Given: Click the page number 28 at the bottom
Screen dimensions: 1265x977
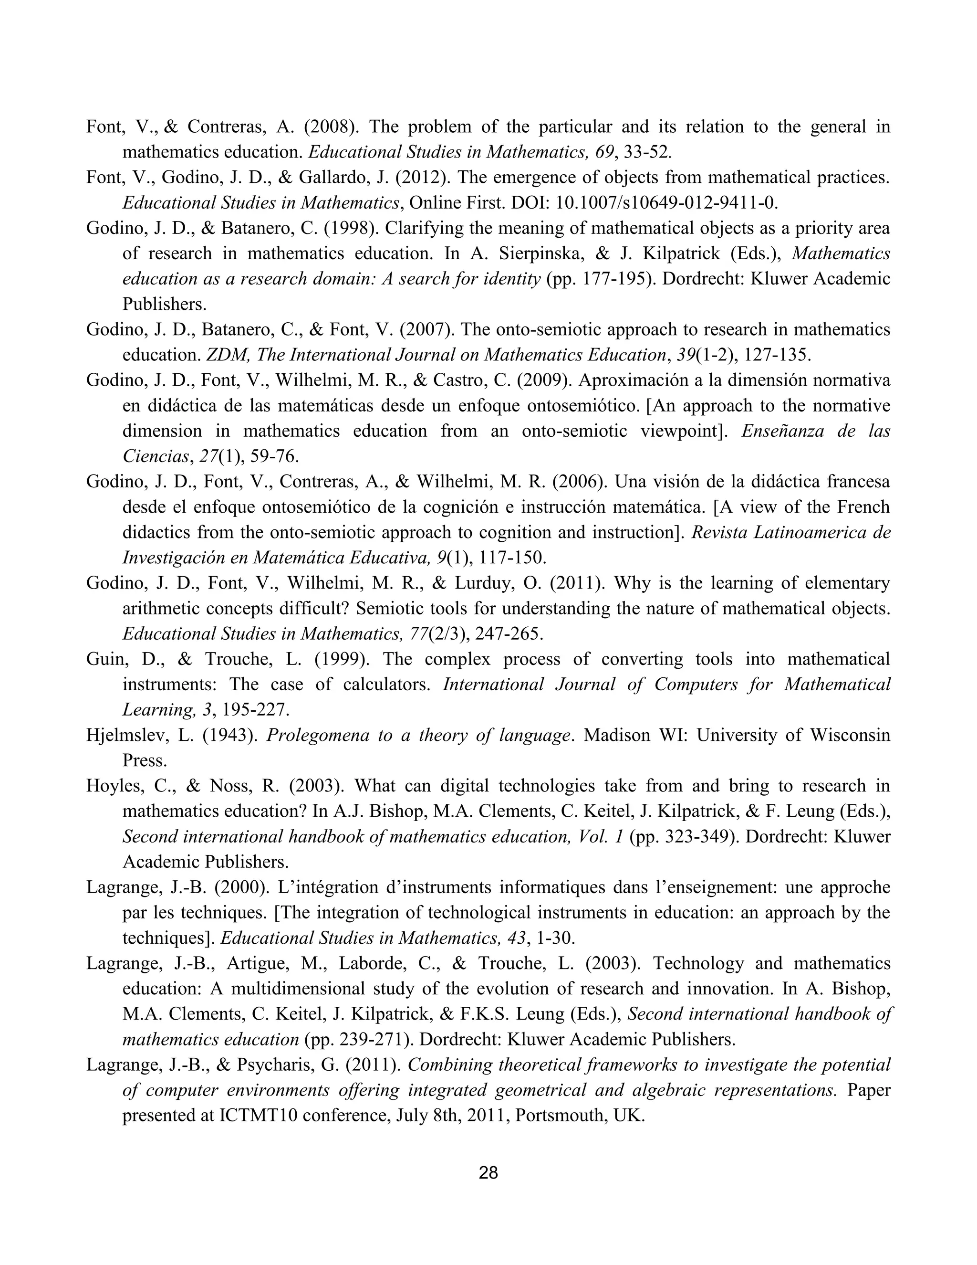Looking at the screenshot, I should tap(488, 1173).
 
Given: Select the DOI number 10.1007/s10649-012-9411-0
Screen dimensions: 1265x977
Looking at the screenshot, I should tap(666, 203).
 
